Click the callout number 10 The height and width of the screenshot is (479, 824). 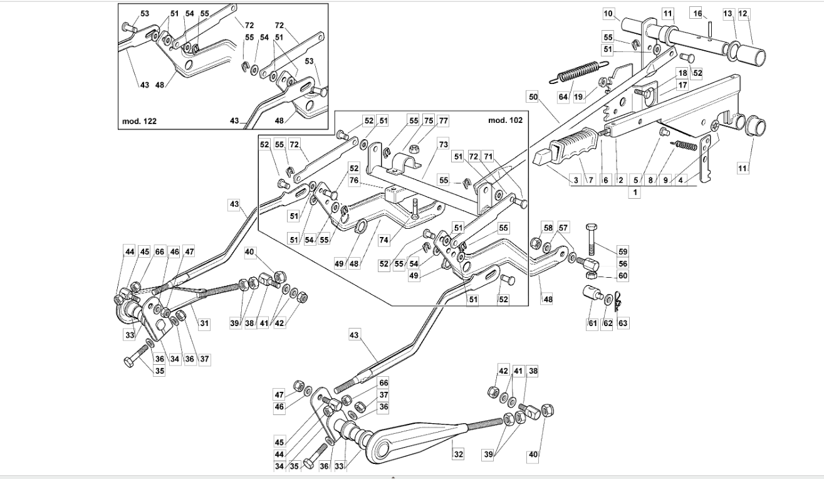608,14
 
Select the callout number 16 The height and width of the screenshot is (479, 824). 697,14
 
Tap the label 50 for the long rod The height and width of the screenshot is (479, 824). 533,97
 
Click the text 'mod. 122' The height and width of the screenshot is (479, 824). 139,121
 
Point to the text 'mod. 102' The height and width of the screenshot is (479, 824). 505,120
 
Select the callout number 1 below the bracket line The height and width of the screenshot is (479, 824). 635,192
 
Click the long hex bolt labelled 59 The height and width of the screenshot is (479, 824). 591,239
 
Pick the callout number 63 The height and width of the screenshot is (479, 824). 622,324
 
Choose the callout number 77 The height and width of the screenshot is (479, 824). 443,121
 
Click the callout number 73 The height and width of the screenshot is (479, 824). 443,144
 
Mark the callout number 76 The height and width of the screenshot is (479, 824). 354,181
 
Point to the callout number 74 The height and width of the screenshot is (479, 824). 383,240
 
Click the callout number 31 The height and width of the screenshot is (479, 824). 204,324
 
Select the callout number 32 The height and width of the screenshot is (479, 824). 458,455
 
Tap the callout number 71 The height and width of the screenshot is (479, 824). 488,157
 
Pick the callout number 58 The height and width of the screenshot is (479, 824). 548,228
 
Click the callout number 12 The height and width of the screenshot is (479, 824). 743,14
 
